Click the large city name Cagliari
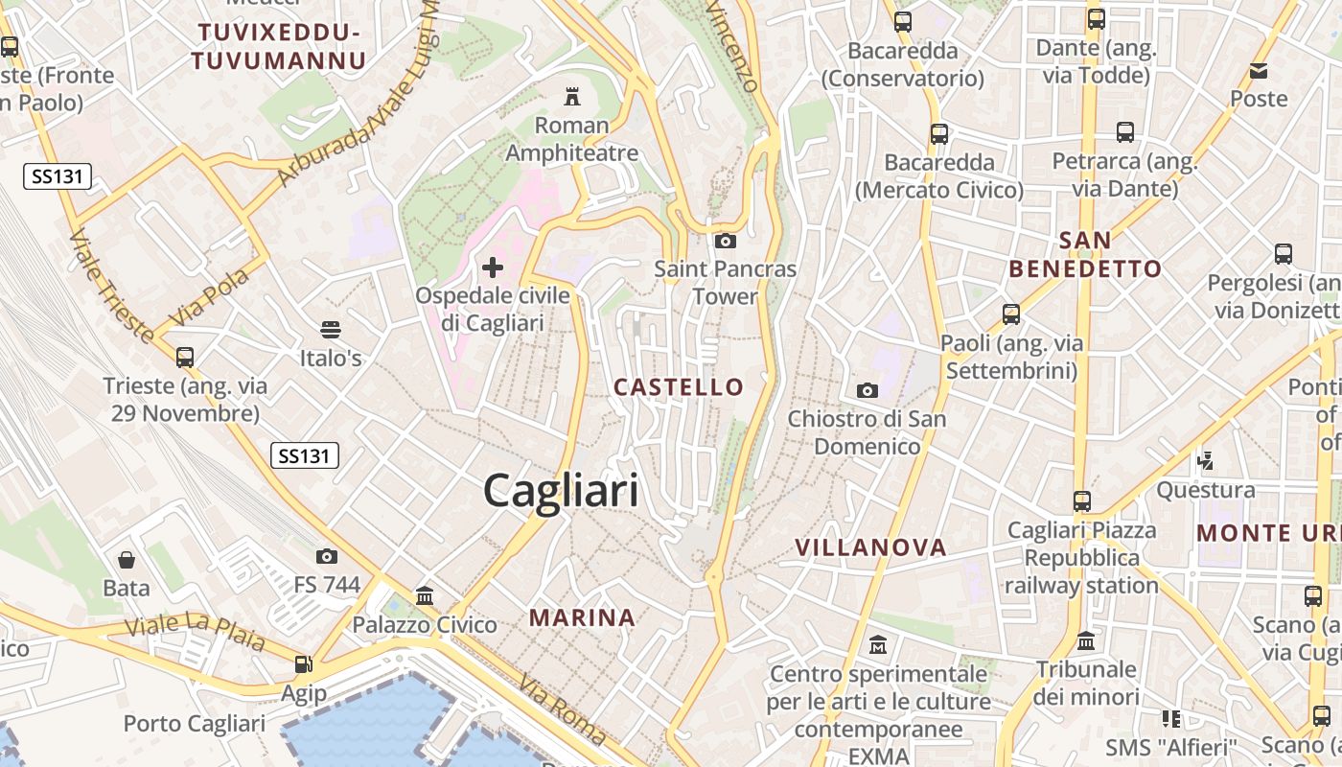pyautogui.click(x=561, y=491)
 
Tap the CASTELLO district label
pyautogui.click(x=679, y=387)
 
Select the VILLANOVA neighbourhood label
pyautogui.click(x=870, y=547)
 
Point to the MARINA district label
pyautogui.click(x=582, y=618)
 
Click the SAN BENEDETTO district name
pyautogui.click(x=1085, y=255)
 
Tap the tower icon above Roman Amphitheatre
pyautogui.click(x=572, y=96)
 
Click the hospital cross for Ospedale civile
pyautogui.click(x=493, y=267)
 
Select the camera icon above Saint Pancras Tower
pyautogui.click(x=725, y=241)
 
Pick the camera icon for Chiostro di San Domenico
pyautogui.click(x=867, y=390)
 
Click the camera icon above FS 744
pyautogui.click(x=327, y=556)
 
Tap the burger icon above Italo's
pyautogui.click(x=331, y=330)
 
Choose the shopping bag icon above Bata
pyautogui.click(x=127, y=559)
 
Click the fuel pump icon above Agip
pyautogui.click(x=304, y=663)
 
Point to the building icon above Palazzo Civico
pyautogui.click(x=425, y=596)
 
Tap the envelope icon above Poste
pyautogui.click(x=1259, y=70)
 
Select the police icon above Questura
pyautogui.click(x=1205, y=461)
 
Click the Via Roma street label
pyautogui.click(x=562, y=710)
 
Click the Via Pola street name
pyautogui.click(x=209, y=296)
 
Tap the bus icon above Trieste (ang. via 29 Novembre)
pyautogui.click(x=185, y=358)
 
